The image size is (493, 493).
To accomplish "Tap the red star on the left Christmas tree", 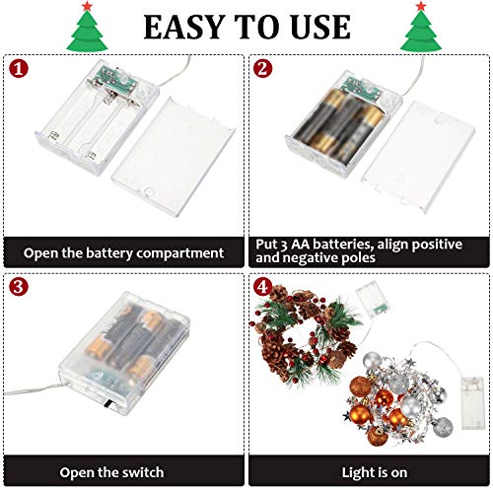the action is (87, 6).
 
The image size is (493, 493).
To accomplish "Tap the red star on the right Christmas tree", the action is (421, 6).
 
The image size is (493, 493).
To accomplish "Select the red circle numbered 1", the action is (19, 69).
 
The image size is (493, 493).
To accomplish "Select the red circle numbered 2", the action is (262, 69).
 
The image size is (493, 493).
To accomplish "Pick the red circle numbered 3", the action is (19, 286).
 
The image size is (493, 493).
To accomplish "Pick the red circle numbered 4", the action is (262, 287).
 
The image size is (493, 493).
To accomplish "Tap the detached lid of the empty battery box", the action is (174, 157).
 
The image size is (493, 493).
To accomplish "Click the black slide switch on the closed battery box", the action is (106, 404).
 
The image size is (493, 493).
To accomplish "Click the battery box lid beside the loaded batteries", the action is (418, 158).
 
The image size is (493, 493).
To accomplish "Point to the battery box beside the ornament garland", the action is (472, 402).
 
